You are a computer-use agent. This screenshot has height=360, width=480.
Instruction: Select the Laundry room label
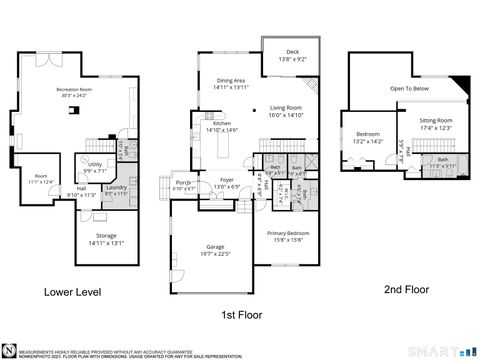(x=115, y=189)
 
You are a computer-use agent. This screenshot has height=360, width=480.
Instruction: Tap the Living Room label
(x=286, y=110)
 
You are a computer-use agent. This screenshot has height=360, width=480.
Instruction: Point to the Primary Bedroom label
(x=286, y=235)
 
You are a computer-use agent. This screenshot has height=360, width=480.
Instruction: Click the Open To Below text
(x=410, y=87)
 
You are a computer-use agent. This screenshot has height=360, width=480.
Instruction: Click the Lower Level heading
(x=72, y=293)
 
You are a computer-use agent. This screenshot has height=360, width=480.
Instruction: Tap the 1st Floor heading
(x=241, y=314)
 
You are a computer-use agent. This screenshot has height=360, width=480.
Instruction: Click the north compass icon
(x=9, y=348)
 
